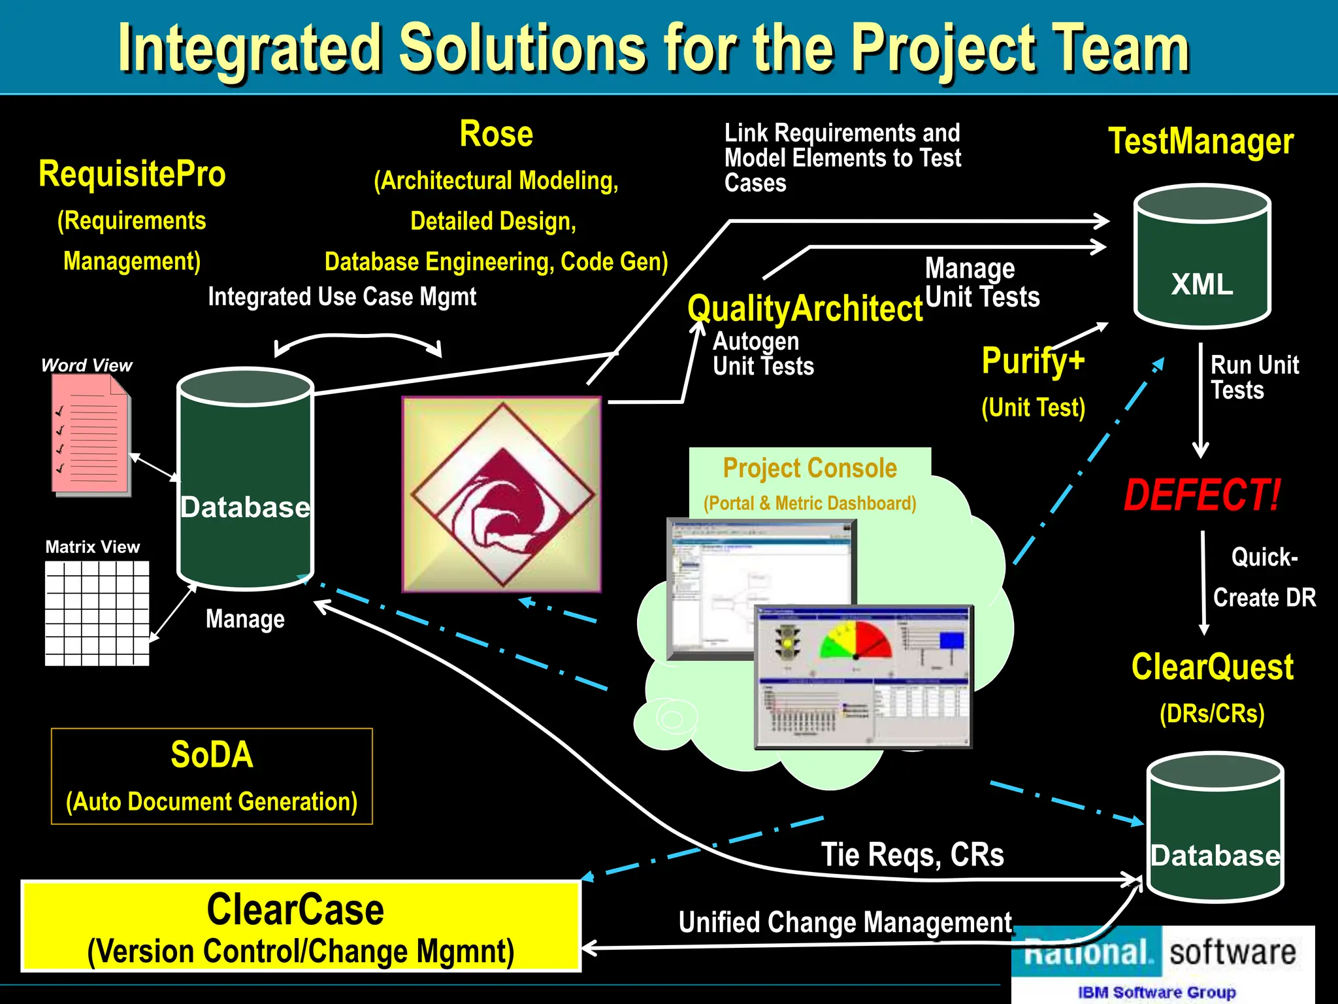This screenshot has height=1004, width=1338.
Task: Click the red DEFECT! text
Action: pyautogui.click(x=1201, y=495)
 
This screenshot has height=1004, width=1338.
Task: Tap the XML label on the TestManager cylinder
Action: pyautogui.click(x=1202, y=284)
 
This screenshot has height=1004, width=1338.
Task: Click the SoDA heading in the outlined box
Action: pyautogui.click(x=212, y=755)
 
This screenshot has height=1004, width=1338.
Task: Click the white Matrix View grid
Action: pyautogui.click(x=97, y=613)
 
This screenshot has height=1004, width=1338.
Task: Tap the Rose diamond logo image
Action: pyautogui.click(x=502, y=494)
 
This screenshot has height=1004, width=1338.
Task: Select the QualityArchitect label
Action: pyautogui.click(x=805, y=309)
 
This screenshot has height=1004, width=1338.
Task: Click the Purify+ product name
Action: pyautogui.click(x=1033, y=360)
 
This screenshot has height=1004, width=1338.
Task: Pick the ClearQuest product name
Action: pyautogui.click(x=1213, y=667)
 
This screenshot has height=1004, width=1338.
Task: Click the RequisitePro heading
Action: pyautogui.click(x=132, y=174)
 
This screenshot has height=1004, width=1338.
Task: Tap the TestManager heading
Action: pyautogui.click(x=1201, y=141)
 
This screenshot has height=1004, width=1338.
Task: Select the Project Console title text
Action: pyautogui.click(x=809, y=468)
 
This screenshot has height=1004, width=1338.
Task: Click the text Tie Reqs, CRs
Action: pyautogui.click(x=912, y=855)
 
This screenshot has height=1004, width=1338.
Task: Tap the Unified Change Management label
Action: pyautogui.click(x=845, y=922)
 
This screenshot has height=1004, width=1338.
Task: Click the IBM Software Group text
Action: pyautogui.click(x=1156, y=992)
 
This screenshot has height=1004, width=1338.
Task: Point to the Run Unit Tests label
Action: pyautogui.click(x=1254, y=377)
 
